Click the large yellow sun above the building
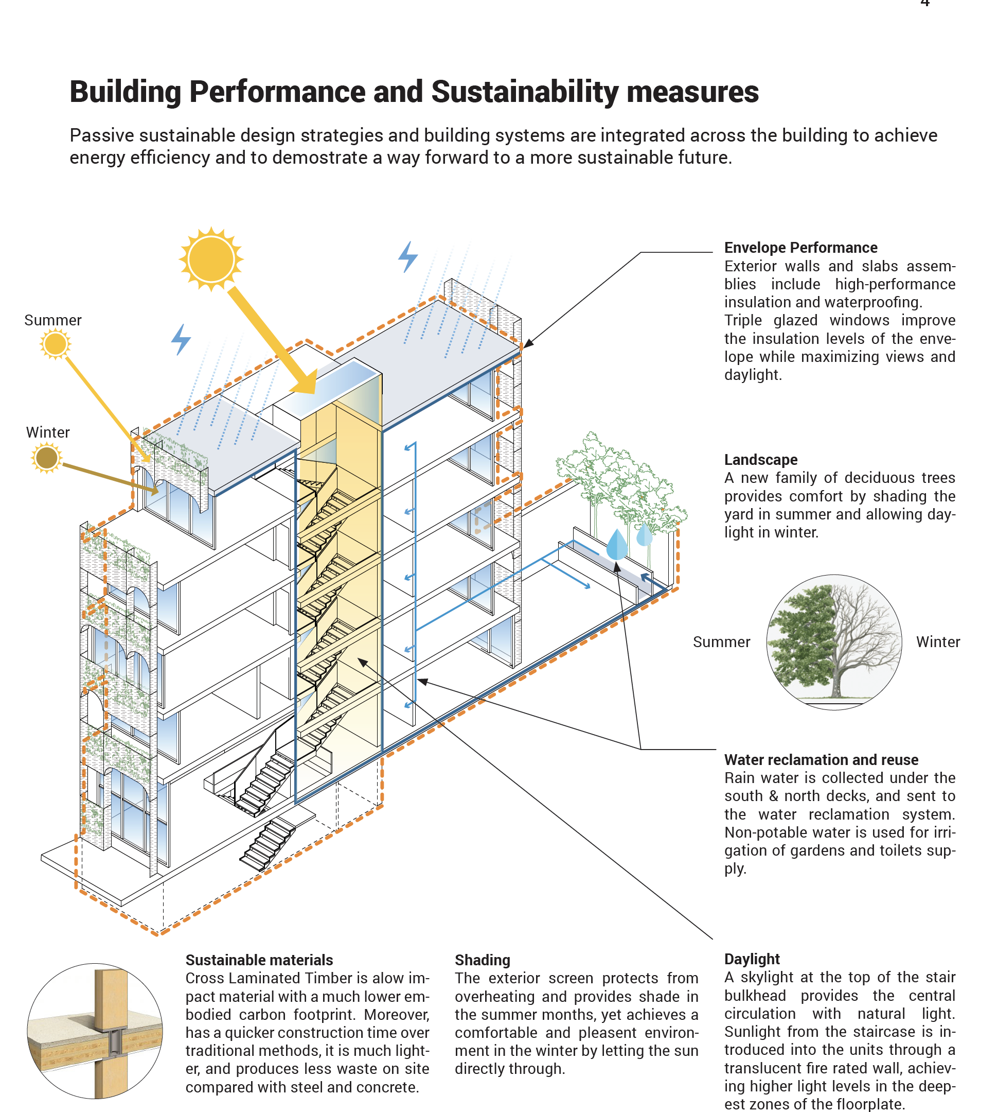coord(211,258)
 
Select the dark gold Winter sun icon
coord(47,458)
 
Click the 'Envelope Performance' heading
coord(800,248)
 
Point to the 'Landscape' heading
coord(760,460)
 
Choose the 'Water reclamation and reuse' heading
coord(821,759)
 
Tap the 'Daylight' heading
coord(752,959)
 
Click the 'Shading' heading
coord(482,960)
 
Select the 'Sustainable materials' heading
coord(259,960)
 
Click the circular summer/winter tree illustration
coord(834,642)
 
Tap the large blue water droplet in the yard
coord(617,544)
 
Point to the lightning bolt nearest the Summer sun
coord(181,339)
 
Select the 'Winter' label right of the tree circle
coord(938,642)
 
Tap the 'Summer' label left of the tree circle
coord(721,642)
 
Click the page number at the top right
coord(925,3)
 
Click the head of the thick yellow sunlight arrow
coord(305,382)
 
